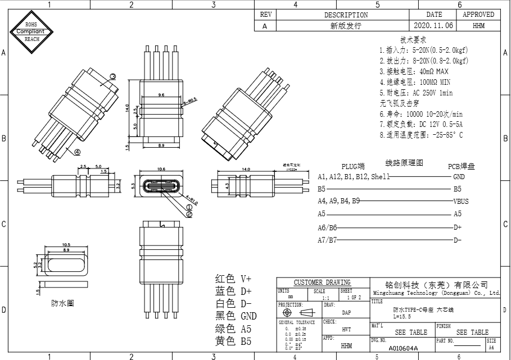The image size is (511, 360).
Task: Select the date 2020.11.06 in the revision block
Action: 434,26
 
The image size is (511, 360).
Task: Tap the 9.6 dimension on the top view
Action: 161,95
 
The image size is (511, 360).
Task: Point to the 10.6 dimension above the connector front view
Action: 161,168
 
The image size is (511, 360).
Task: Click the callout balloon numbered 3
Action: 112,76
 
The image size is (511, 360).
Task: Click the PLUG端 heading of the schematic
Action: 353,166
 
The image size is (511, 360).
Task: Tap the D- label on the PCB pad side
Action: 457,240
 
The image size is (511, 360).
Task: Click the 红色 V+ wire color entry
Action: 233,279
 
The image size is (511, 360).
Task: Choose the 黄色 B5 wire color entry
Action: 233,341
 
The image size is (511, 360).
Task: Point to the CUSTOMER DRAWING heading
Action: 322,282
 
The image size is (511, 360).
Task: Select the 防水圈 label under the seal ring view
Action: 62,303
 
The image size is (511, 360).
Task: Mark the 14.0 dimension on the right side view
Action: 246,169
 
